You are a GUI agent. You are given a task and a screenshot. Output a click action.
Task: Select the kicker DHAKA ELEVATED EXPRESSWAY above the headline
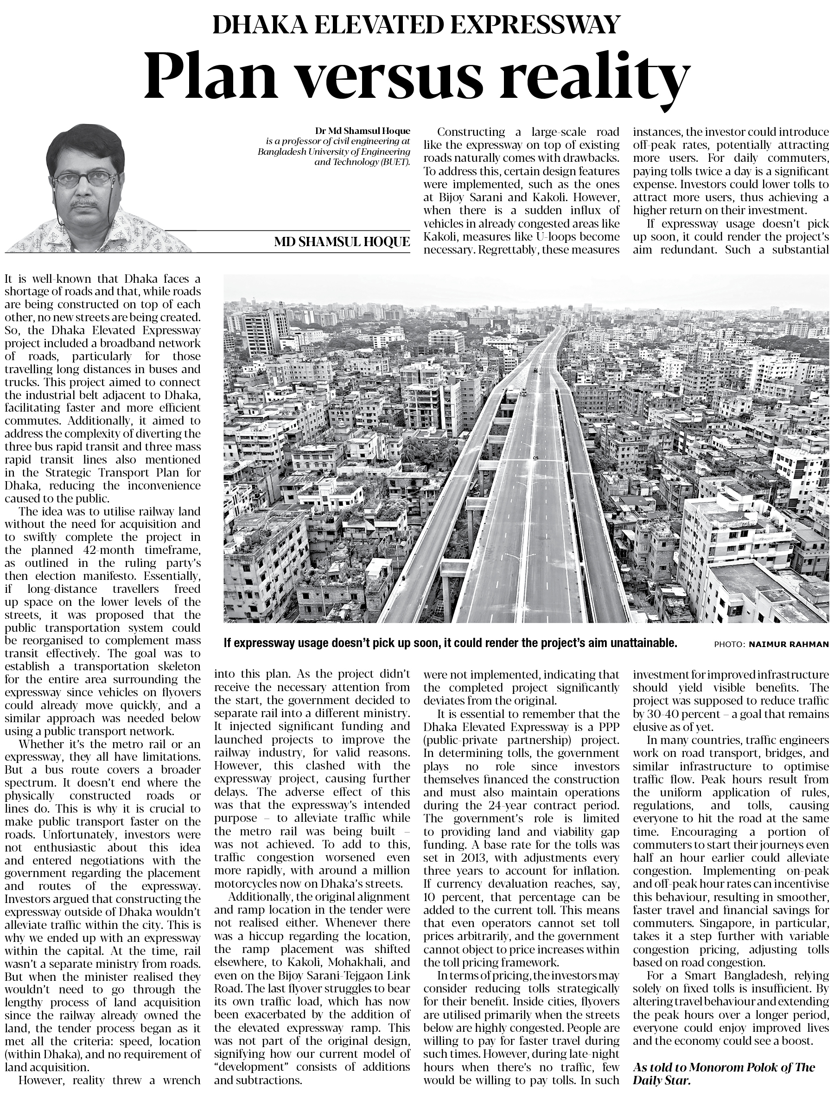tap(416, 24)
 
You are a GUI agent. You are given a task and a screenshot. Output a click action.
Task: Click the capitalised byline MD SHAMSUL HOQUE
tap(342, 242)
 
